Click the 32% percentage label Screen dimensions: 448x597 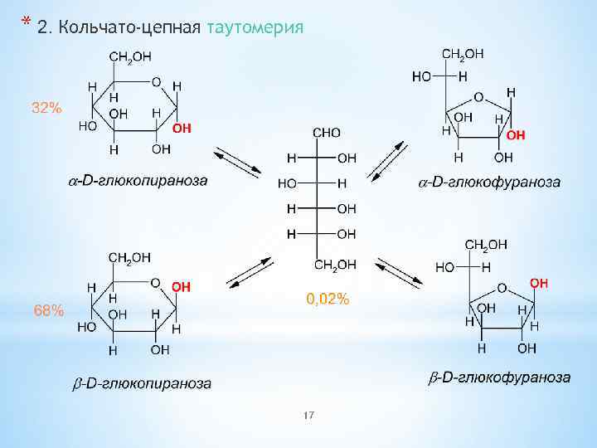click(46, 108)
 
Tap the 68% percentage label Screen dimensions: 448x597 click(48, 310)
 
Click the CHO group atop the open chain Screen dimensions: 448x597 click(325, 134)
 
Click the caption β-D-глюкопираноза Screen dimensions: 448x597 click(138, 384)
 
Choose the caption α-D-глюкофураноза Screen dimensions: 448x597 click(488, 182)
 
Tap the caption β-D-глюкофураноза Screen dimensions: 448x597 click(499, 377)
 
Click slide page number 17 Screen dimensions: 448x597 click(309, 415)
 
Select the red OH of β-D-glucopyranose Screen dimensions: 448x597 click(182, 286)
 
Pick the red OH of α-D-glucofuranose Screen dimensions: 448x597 click(516, 134)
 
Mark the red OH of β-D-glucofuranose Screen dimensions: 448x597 click(539, 284)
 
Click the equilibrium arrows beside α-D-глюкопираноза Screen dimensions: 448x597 click(237, 163)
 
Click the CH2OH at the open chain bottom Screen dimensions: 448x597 click(336, 265)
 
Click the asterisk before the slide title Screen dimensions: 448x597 click(27, 21)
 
